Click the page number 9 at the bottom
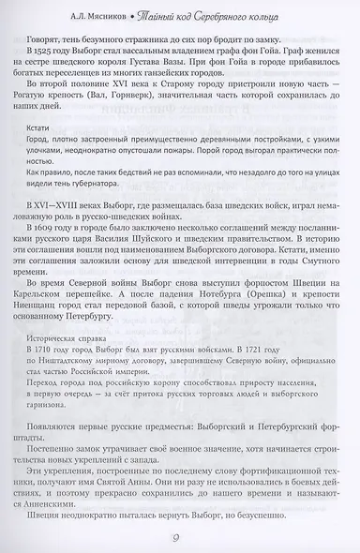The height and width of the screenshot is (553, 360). point(180,535)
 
